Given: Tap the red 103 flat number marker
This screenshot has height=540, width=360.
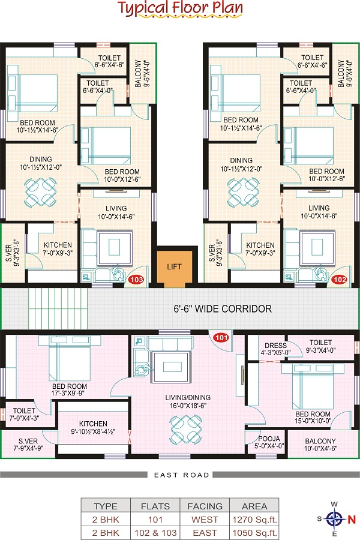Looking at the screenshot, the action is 136,280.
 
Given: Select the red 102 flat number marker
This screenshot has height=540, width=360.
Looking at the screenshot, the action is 340,280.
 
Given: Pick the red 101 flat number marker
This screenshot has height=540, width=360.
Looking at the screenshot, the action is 221,337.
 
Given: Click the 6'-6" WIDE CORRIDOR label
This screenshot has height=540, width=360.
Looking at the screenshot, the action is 223,308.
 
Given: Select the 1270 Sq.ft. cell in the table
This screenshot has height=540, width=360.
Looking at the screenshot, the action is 254,520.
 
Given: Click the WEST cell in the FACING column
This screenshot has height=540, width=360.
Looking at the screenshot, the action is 205,520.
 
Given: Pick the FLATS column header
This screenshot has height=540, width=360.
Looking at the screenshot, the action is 155,506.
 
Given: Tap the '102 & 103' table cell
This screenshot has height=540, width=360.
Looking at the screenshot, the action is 155,533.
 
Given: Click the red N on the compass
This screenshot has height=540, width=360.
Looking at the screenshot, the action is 352,520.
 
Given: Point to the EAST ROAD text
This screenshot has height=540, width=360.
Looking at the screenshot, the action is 182,475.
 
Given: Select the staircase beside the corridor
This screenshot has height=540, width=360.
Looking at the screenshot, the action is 58,308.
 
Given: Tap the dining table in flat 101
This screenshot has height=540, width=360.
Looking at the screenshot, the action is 185,429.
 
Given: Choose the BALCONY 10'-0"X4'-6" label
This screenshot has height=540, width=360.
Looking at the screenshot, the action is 320,445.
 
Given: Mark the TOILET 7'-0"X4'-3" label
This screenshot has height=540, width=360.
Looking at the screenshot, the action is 24,414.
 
